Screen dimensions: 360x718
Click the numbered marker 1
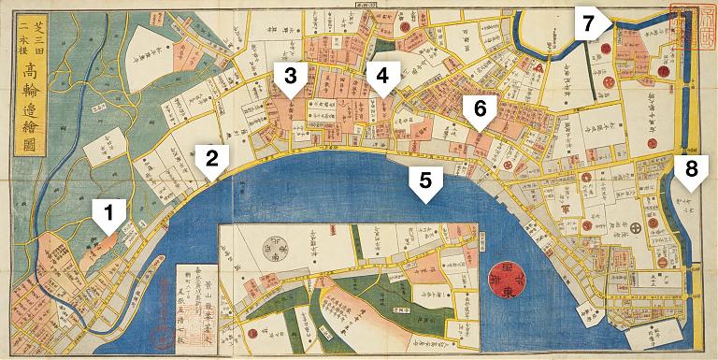pos(109,218)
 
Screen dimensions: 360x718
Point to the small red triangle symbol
pos(539,67)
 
